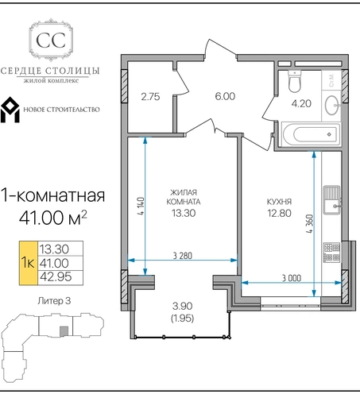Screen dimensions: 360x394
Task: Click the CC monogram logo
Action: (51, 40)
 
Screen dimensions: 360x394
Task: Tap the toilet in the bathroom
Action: (294, 81)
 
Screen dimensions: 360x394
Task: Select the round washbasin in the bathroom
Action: (332, 105)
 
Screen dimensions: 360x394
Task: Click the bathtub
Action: (311, 134)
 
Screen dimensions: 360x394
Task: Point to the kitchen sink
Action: (331, 200)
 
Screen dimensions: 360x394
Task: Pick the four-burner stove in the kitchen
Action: (331, 253)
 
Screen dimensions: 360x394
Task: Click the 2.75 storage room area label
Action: (150, 97)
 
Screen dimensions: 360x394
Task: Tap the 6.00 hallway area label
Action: (225, 96)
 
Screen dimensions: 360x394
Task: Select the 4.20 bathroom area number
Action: (301, 103)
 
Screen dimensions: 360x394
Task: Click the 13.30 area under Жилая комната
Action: (184, 213)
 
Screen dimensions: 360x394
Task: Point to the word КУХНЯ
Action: (279, 202)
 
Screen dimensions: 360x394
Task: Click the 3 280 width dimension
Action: (183, 256)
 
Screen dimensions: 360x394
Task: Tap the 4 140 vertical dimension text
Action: (141, 206)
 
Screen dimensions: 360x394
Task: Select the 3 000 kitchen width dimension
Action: (292, 278)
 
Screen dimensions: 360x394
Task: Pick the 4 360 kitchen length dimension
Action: (310, 224)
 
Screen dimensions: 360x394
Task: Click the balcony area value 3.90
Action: (183, 307)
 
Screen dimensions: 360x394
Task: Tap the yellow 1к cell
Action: (29, 263)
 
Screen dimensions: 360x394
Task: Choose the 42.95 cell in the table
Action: (56, 277)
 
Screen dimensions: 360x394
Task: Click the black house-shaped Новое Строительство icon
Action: (10, 110)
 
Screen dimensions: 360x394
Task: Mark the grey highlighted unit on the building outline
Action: (64, 331)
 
